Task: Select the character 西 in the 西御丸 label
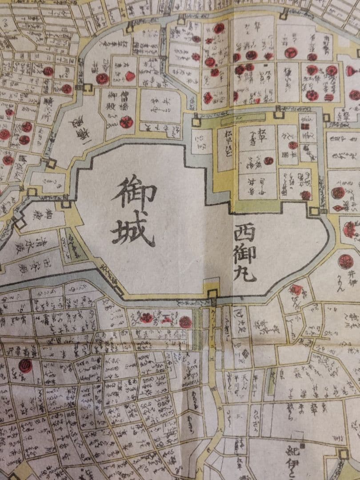tap(245, 232)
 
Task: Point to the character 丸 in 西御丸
tap(245, 272)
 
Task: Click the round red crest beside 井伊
tap(345, 261)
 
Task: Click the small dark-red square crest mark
tap(304, 126)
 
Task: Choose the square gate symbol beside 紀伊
tap(343, 454)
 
